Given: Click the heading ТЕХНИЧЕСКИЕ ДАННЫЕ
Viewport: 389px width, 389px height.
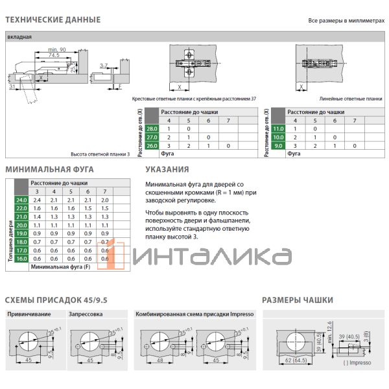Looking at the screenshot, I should (53, 19).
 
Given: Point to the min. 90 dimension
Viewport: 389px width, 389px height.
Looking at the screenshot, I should (57, 50).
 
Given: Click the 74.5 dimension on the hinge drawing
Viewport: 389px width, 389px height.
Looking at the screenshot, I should (53, 56).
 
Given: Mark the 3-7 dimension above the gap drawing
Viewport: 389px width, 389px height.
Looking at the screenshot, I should (104, 65).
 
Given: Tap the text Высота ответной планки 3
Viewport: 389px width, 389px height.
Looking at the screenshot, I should (100, 154).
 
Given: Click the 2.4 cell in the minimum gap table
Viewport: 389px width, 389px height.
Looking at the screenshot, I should (37, 200).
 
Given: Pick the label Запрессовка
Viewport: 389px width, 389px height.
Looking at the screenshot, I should (85, 314).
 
